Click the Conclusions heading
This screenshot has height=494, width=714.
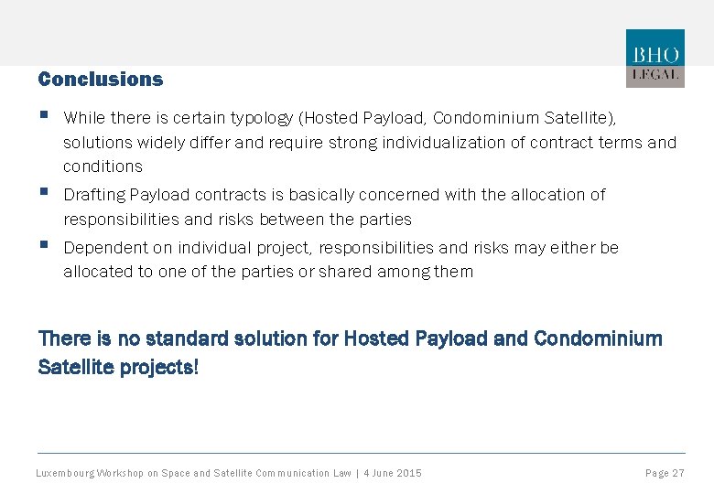coord(101,80)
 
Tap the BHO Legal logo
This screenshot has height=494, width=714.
coord(654,58)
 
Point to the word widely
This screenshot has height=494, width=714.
coord(163,143)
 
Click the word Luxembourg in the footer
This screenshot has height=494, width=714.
coord(64,473)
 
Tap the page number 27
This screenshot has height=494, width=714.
coord(677,473)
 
